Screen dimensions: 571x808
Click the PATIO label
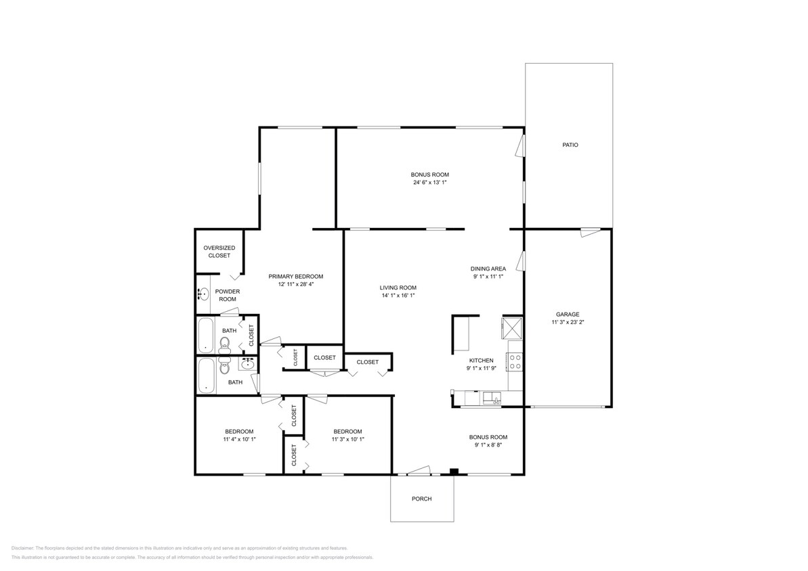coord(570,145)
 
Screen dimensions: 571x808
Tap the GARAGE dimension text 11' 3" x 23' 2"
coord(567,323)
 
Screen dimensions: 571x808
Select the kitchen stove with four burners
coord(515,361)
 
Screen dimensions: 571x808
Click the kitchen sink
coord(491,398)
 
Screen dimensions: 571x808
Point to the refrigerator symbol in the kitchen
coord(511,328)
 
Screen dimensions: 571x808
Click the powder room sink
coord(203,294)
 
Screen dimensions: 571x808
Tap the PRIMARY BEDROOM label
coord(295,276)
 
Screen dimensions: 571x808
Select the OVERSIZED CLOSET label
coord(219,252)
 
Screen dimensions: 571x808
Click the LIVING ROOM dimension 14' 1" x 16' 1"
coord(398,295)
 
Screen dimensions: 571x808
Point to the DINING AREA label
coord(488,269)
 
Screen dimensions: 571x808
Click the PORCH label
coord(421,499)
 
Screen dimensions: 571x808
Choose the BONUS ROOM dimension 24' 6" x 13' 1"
coord(429,183)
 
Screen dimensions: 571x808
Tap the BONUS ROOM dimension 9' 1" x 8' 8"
coord(488,445)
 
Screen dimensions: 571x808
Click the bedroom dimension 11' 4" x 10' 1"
coord(239,440)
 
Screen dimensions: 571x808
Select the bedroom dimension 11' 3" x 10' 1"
coord(347,440)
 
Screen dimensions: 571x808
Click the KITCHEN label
coord(481,361)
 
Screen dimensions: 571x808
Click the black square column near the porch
coord(454,472)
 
